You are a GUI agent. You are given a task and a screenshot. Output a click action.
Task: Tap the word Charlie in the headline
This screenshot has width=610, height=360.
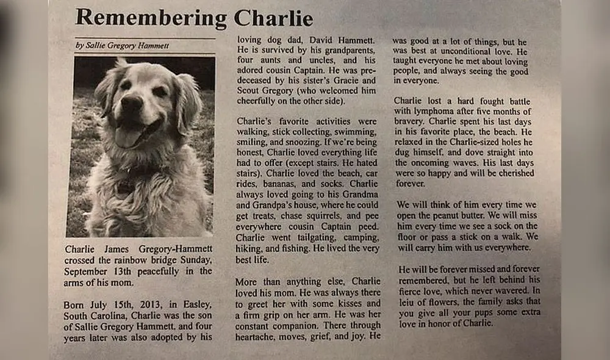click(273, 18)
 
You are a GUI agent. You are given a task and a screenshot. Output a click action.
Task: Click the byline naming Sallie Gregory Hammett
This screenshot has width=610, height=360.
click(123, 45)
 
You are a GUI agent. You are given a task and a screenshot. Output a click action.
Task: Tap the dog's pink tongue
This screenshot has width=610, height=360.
click(129, 135)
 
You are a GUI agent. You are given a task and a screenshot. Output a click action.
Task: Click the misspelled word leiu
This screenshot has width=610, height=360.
click(407, 301)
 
